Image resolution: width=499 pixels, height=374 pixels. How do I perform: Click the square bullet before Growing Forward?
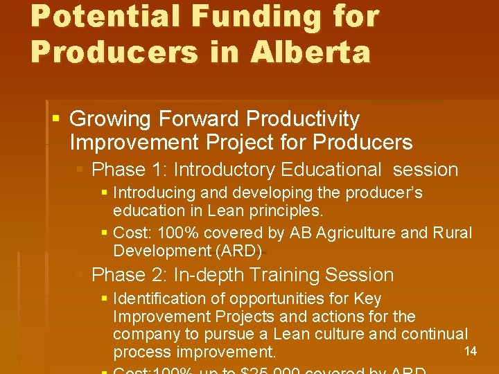coord(56,119)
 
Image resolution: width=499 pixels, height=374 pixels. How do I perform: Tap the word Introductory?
coord(225,170)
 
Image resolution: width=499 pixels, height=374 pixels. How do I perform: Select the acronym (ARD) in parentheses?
coord(240,251)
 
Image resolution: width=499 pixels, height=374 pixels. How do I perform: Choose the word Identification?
coord(159,299)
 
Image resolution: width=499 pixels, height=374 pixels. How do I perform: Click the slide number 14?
coord(471,351)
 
